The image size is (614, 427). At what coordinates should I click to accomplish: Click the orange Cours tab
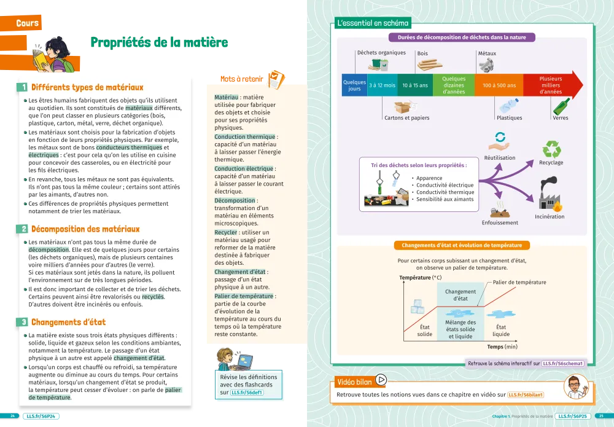(28, 23)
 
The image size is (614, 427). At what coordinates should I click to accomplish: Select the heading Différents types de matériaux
(87, 88)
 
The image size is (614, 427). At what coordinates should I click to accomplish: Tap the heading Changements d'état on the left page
(68, 322)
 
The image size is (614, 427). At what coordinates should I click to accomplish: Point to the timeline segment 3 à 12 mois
(382, 85)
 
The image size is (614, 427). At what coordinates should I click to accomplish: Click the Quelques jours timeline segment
(354, 85)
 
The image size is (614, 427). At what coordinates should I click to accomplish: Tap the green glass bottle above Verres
(561, 106)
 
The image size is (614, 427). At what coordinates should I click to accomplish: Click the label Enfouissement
(500, 222)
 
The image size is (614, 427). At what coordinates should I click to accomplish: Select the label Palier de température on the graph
(519, 282)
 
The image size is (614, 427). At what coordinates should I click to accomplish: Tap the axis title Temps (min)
(502, 347)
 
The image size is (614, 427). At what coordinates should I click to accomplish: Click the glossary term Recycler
(225, 233)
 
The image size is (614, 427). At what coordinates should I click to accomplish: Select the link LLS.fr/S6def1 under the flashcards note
(247, 392)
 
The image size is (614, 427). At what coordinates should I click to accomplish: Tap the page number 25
(601, 416)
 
